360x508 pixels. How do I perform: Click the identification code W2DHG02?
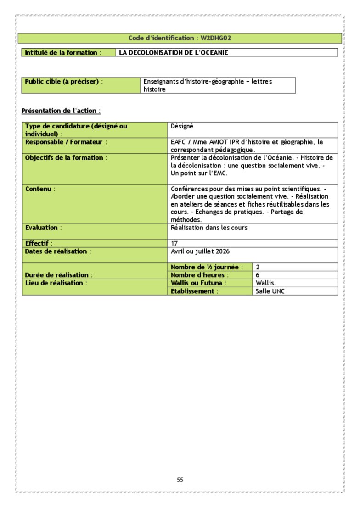point(219,38)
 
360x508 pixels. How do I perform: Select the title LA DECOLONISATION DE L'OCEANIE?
point(174,53)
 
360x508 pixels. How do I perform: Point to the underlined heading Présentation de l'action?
point(61,111)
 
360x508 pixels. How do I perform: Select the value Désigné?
point(182,126)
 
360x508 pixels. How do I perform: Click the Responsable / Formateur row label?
point(66,142)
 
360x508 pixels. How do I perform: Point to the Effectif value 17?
point(174,244)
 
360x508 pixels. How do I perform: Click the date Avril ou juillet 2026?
point(200,251)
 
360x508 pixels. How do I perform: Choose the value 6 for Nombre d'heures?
point(258,275)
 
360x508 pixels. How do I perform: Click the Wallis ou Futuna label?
point(199,283)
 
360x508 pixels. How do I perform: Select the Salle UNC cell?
point(270,291)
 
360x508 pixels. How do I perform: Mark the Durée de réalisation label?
point(59,275)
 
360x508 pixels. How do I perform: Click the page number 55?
point(180,480)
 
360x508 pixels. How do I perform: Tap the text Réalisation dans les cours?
point(209,228)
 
